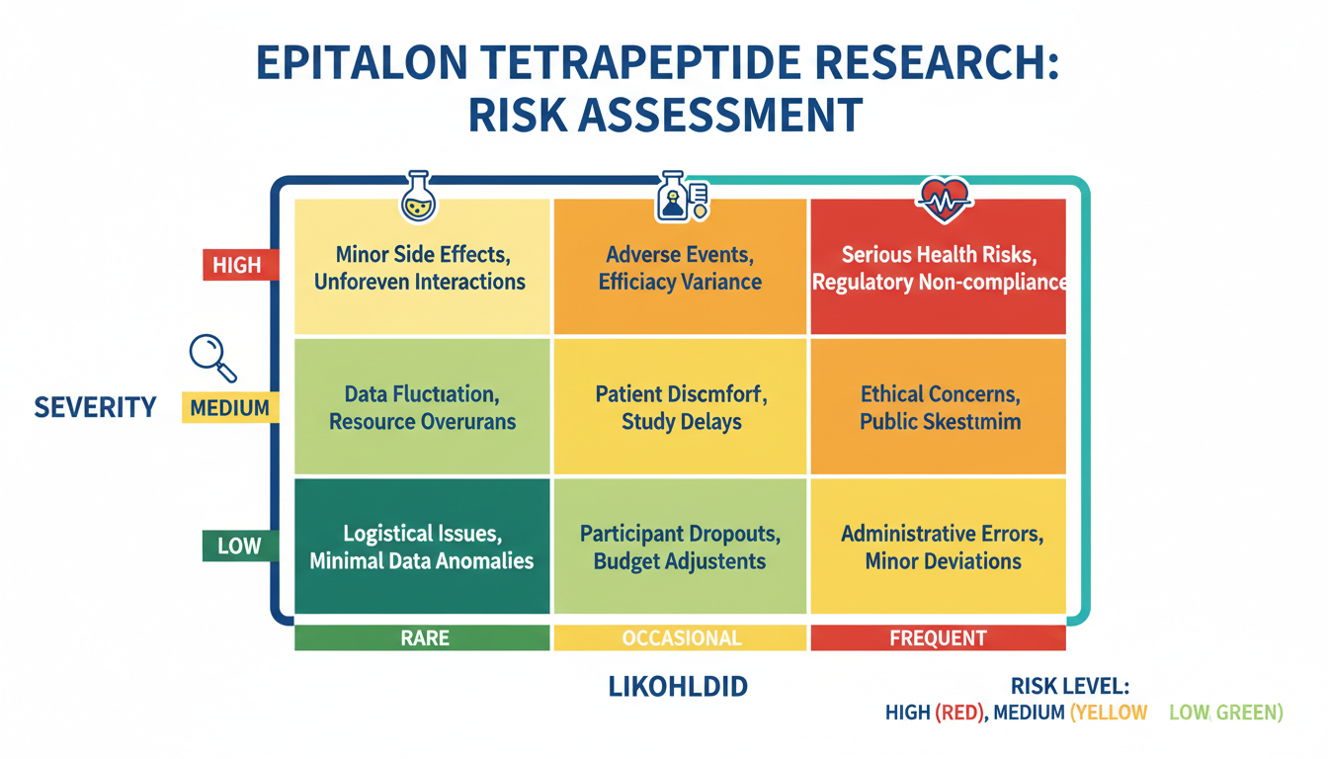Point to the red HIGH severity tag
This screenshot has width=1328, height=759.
(236, 265)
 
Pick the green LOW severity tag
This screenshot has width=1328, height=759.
(238, 546)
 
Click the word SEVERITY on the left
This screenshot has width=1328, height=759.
(95, 407)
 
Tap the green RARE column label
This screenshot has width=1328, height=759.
(423, 638)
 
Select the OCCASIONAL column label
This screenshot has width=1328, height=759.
(681, 638)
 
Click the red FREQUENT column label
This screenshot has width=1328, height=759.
(938, 638)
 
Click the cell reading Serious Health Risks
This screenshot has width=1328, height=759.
(938, 267)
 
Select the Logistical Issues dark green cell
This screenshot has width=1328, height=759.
(423, 547)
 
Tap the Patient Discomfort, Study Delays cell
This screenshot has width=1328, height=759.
(681, 407)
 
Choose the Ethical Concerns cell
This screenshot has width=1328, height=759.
(938, 407)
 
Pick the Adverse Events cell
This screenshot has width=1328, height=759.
(681, 267)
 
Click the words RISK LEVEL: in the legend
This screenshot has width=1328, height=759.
(1070, 687)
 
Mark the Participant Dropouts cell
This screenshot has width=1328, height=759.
(681, 547)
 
